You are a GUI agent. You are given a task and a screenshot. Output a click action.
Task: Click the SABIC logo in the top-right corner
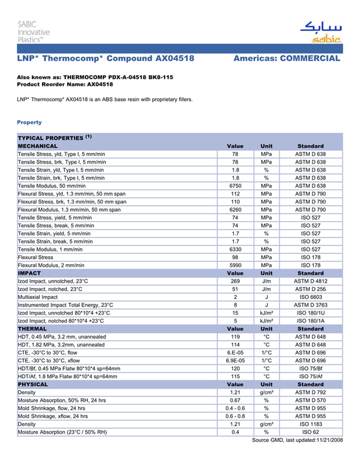(320, 32)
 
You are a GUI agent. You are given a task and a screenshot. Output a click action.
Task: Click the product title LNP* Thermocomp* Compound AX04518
(105, 59)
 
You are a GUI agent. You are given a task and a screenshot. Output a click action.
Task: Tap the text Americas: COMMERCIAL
(286, 59)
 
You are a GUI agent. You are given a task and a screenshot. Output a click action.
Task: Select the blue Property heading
(29, 122)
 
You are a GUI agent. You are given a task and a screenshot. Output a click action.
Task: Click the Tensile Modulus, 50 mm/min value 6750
(235, 186)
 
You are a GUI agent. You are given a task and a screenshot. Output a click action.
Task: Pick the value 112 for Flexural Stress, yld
(235, 194)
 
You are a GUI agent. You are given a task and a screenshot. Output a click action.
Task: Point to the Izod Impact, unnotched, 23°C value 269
(235, 281)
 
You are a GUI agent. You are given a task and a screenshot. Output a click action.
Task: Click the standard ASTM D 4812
(310, 281)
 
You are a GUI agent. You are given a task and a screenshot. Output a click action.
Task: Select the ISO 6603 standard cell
(310, 297)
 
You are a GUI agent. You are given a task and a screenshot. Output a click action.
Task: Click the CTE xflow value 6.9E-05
(235, 361)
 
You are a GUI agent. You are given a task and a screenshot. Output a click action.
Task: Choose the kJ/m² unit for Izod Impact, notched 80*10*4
(266, 321)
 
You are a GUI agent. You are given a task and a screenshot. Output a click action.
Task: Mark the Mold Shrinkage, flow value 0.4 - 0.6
(235, 408)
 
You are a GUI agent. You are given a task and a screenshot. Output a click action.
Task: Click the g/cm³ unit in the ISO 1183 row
(266, 424)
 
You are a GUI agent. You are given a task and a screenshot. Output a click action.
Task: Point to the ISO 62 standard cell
(310, 432)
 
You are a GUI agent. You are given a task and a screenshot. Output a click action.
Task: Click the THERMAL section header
(32, 329)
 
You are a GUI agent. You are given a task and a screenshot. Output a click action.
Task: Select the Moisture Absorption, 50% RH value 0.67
(235, 400)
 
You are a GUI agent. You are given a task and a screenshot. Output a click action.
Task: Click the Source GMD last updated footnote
(297, 440)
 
